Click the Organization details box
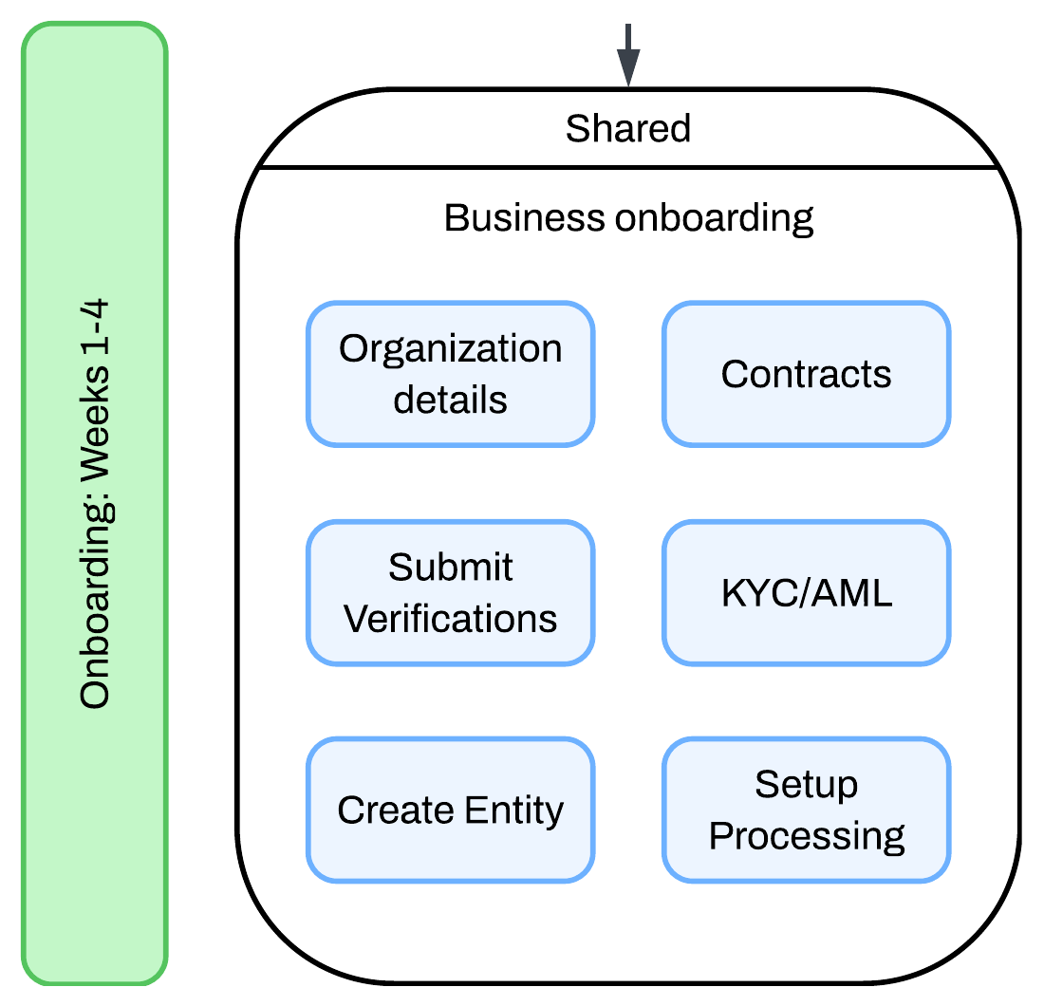[450, 374]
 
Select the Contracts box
[806, 374]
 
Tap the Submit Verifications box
[450, 592]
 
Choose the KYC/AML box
[806, 592]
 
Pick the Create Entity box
[450, 810]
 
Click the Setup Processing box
[806, 810]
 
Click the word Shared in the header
[628, 128]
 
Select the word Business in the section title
[525, 217]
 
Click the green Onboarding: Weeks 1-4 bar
[95, 503]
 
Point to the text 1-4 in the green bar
[95, 332]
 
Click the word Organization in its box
[450, 349]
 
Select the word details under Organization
[450, 400]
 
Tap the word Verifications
[450, 618]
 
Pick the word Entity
[513, 810]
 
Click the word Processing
[806, 836]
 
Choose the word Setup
[806, 785]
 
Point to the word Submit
[450, 568]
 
